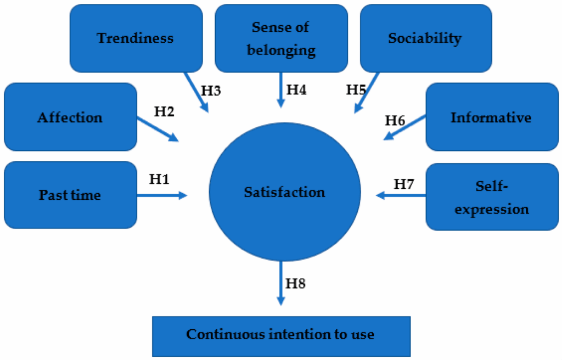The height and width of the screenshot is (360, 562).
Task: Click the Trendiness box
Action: (136, 38)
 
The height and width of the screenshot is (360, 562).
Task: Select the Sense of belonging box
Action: (282, 38)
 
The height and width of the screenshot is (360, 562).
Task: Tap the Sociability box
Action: (426, 38)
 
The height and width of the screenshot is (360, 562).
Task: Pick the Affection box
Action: (71, 117)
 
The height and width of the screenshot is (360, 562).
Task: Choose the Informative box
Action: (492, 117)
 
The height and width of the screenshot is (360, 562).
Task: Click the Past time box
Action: (71, 195)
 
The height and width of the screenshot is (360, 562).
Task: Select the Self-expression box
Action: (492, 197)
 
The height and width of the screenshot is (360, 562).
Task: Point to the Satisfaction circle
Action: (285, 192)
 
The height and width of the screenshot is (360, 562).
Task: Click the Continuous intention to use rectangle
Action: (282, 336)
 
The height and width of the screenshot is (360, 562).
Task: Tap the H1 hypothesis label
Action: (159, 179)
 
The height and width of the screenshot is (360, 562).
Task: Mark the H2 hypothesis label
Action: (164, 111)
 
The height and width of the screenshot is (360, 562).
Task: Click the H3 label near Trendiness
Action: (211, 91)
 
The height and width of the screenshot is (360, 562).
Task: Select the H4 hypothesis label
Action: (296, 89)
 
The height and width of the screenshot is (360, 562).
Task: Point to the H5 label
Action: (356, 89)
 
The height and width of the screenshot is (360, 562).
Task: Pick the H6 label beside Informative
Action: (395, 121)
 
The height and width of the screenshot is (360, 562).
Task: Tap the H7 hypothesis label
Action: (404, 184)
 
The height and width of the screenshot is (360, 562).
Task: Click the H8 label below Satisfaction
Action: (296, 283)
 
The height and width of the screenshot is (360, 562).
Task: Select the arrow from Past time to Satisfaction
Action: (162, 195)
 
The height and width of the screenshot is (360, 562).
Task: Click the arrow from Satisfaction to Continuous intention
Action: (281, 283)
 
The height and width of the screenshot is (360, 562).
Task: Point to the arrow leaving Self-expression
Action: (401, 195)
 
